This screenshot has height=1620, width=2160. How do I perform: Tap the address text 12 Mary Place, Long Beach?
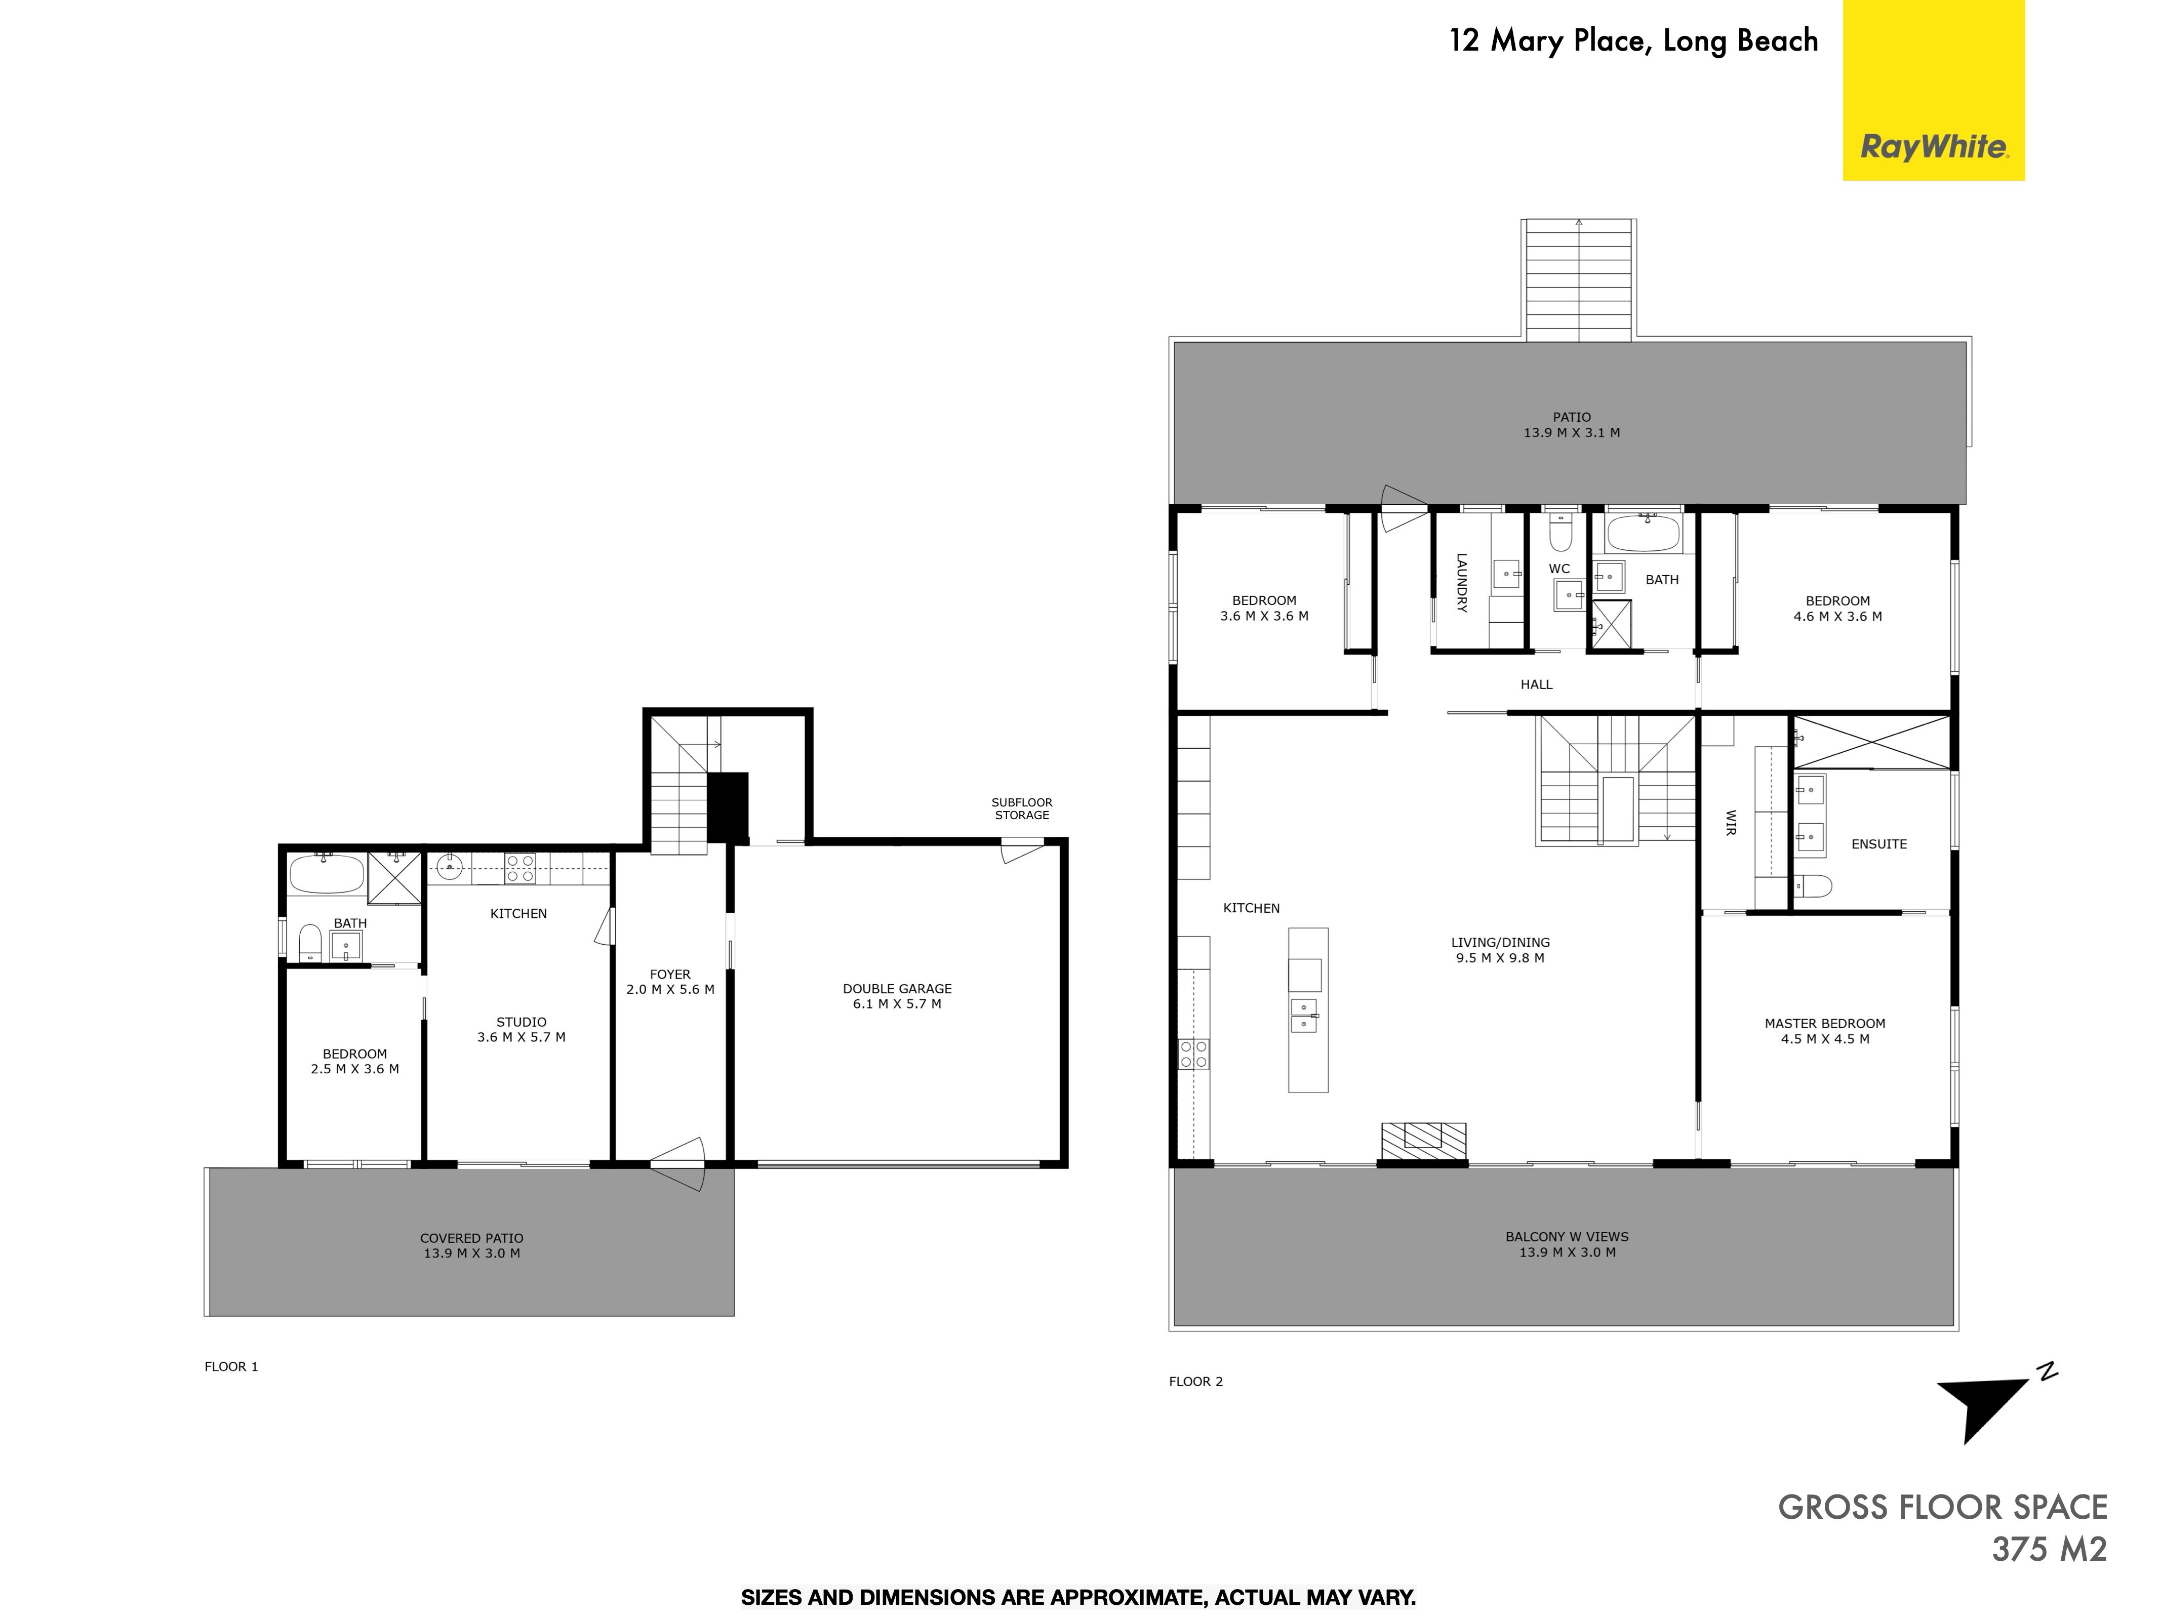[x=1633, y=41]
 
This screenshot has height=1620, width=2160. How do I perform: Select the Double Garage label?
[x=896, y=988]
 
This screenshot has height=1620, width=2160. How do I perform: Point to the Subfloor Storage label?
[x=1021, y=808]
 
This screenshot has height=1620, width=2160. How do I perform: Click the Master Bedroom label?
[x=1824, y=1023]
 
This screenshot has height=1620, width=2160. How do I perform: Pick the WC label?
[x=1559, y=569]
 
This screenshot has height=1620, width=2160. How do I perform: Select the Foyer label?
[x=670, y=974]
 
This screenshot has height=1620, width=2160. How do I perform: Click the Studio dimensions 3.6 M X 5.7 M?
[x=522, y=1037]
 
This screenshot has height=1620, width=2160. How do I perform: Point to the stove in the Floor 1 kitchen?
[x=521, y=868]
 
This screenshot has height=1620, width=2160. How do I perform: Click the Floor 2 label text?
[x=1195, y=1381]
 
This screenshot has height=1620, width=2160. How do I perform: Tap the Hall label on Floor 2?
[x=1536, y=684]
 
